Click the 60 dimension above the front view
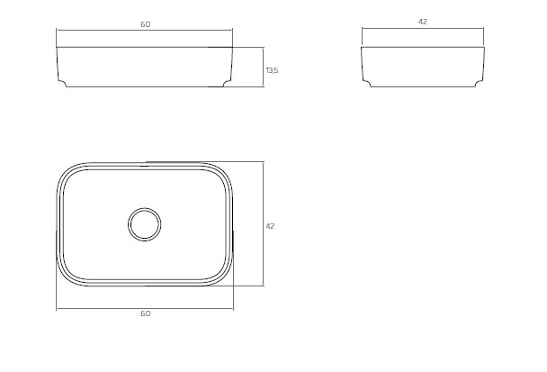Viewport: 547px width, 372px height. click(x=146, y=24)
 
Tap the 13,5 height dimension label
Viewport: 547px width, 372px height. click(x=272, y=70)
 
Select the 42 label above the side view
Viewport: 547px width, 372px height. click(x=423, y=22)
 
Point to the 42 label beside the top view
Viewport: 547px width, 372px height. click(x=270, y=226)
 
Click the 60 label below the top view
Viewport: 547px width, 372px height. click(x=146, y=313)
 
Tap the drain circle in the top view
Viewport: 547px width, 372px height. click(x=145, y=224)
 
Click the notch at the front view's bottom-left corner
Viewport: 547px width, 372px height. click(x=62, y=83)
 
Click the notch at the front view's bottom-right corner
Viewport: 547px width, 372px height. click(x=227, y=83)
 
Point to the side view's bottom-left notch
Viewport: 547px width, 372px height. click(x=367, y=83)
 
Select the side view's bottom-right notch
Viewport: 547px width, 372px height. click(x=479, y=83)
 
